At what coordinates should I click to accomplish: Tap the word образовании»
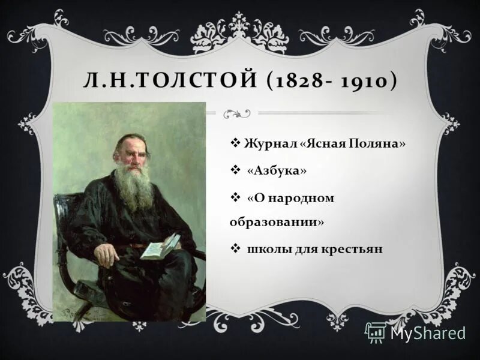[277, 221]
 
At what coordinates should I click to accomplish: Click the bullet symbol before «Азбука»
[235, 171]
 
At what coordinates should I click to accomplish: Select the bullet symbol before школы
[235, 248]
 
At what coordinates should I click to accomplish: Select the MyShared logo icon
[376, 332]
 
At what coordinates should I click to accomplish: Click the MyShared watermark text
[428, 333]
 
